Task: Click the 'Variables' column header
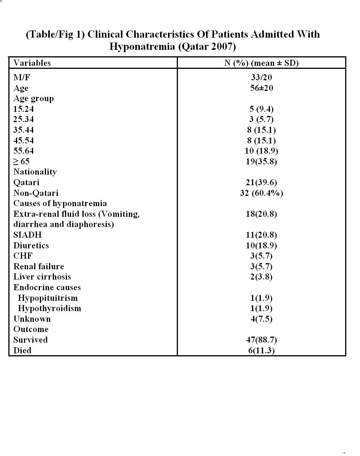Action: (x=32, y=63)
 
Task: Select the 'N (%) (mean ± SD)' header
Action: (x=261, y=63)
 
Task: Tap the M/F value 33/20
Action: (x=261, y=78)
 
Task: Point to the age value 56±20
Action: (x=261, y=88)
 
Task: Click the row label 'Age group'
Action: (x=33, y=99)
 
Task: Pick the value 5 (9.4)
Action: (x=261, y=109)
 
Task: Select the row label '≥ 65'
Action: (x=21, y=161)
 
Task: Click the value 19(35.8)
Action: (x=261, y=161)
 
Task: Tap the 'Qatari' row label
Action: (x=26, y=182)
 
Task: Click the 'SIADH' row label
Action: (x=27, y=235)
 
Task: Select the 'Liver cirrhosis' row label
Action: (x=42, y=276)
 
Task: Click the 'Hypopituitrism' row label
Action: (x=48, y=298)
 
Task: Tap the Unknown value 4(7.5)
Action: (x=261, y=319)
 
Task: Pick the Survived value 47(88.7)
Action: (x=261, y=340)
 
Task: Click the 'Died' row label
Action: (x=22, y=350)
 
